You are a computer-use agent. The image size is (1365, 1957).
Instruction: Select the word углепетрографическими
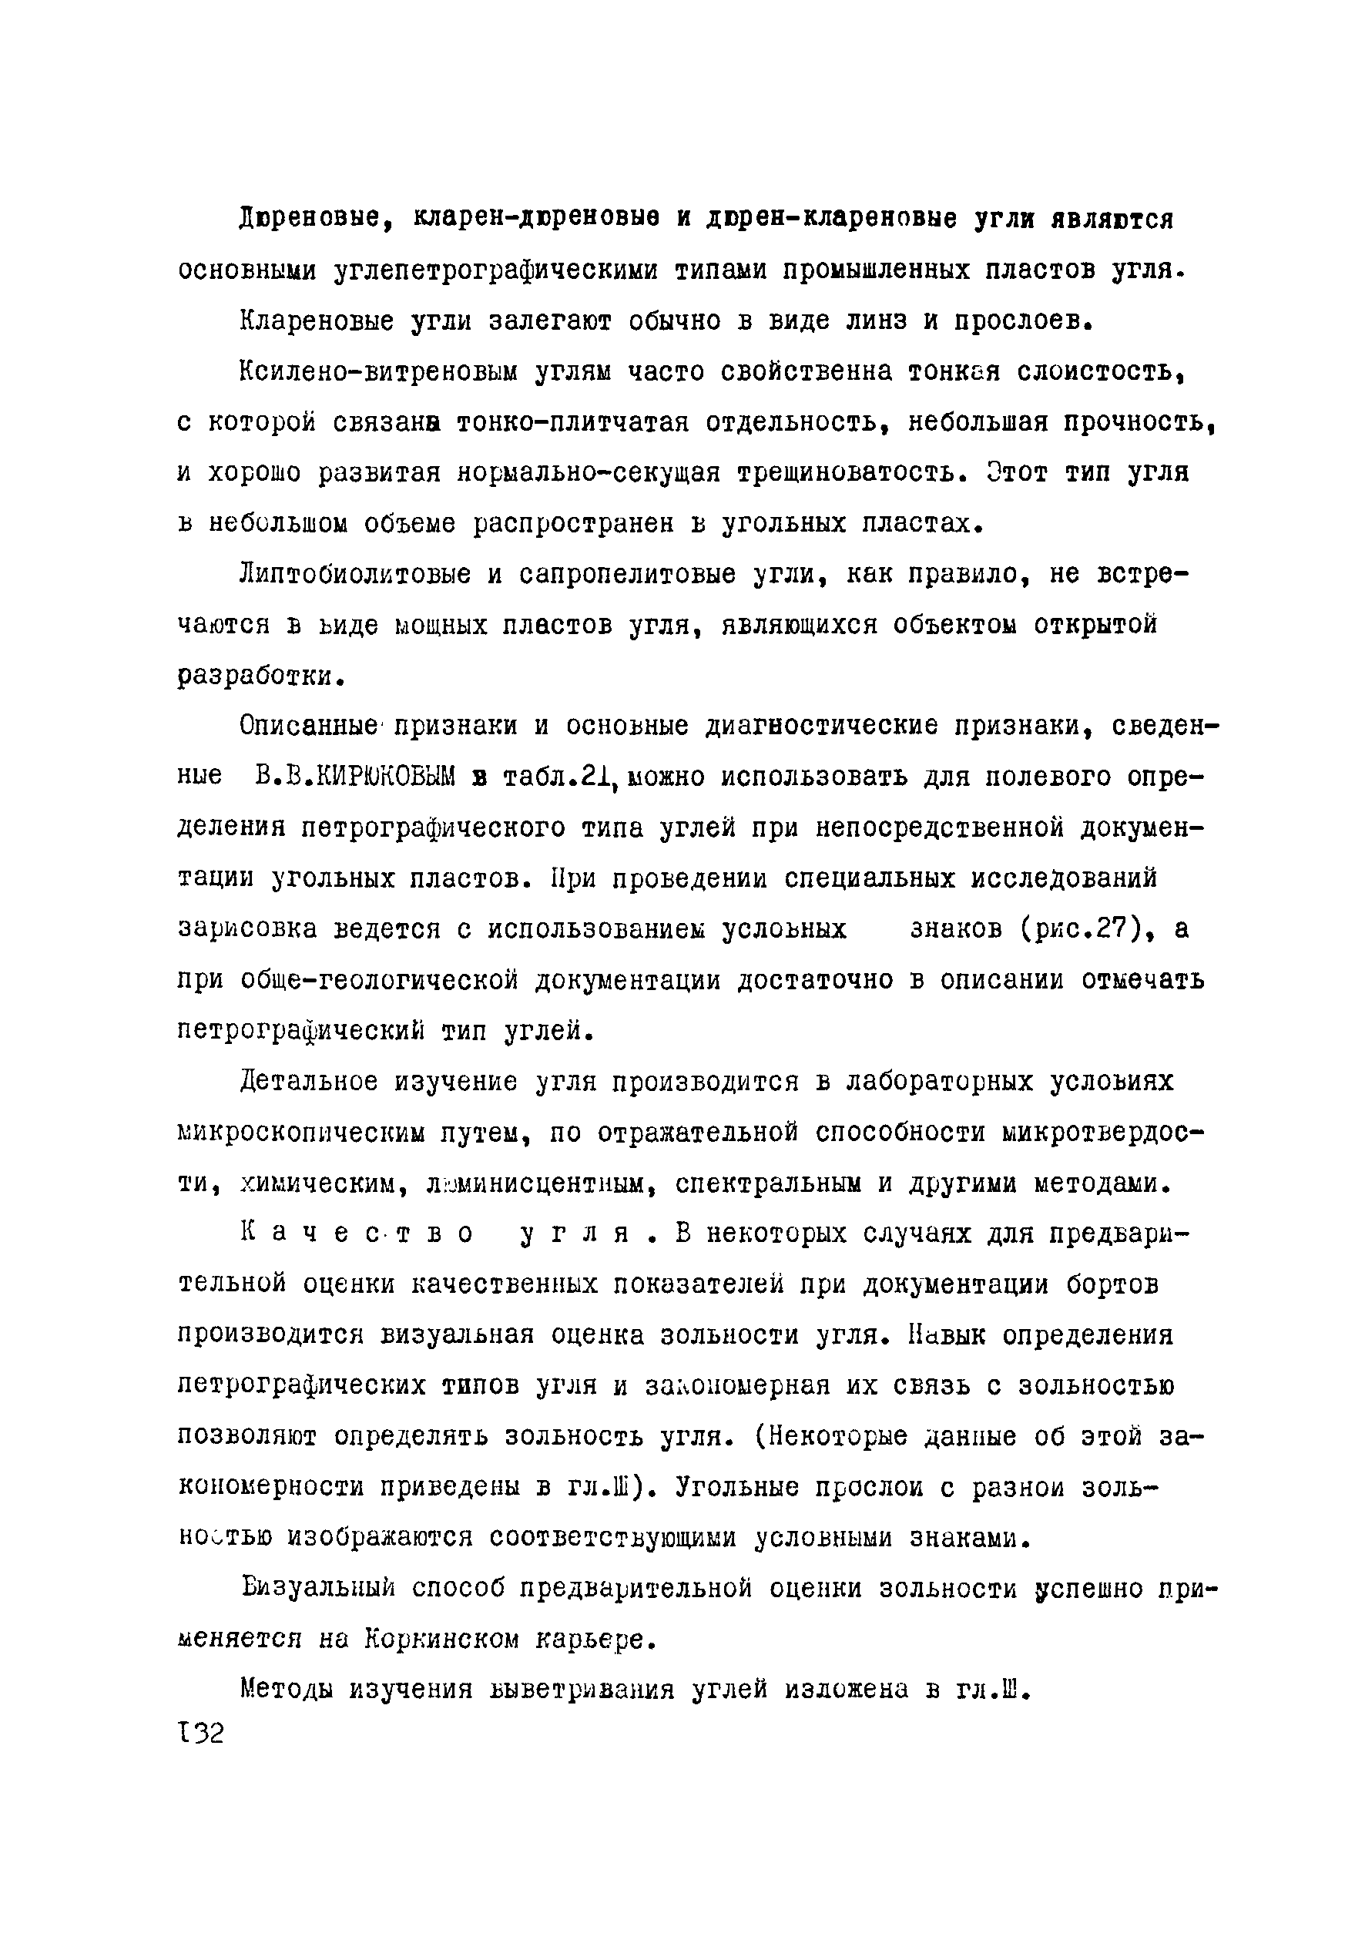click(x=497, y=271)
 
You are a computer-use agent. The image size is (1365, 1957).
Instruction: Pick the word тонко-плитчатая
click(x=571, y=423)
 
